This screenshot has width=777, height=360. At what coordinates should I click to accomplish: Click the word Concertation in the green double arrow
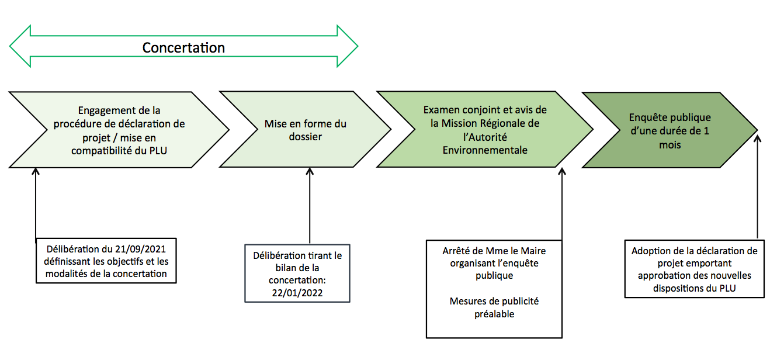183,47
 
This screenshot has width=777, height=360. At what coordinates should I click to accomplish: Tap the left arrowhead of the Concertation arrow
20,46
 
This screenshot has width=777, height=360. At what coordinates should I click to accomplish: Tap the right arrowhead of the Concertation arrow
347,46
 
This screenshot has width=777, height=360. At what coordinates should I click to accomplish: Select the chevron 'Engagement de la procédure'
119,130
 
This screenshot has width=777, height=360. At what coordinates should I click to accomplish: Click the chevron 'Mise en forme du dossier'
305,130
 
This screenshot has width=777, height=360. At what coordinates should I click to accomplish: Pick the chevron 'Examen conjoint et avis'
485,130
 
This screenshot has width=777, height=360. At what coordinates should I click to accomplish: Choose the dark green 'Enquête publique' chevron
670,130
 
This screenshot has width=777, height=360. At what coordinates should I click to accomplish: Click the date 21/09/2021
140,250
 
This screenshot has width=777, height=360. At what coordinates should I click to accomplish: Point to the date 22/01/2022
297,293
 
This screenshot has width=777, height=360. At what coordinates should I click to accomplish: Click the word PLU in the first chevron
158,151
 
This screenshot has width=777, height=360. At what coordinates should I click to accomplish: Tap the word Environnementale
485,150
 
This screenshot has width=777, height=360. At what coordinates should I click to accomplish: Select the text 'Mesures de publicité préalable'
494,307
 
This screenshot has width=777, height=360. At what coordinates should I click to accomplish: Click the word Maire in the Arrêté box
533,251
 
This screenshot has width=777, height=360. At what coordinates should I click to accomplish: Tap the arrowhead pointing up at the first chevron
36,171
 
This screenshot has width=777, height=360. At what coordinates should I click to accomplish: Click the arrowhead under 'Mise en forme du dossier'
310,171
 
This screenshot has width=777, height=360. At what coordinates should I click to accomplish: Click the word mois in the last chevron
670,145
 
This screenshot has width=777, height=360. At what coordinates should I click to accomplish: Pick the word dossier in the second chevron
305,137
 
